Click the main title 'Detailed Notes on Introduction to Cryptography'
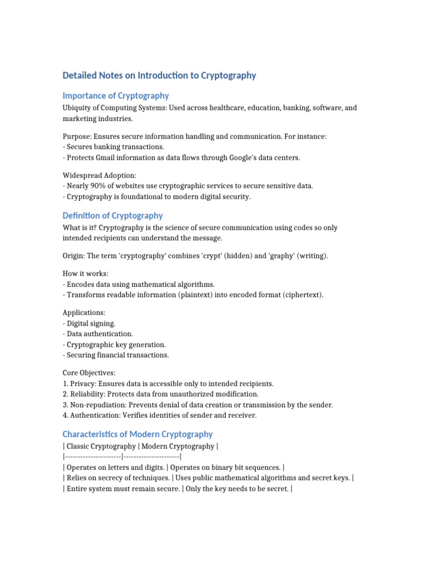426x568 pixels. tap(159, 75)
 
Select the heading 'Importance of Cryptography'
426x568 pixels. tap(115, 95)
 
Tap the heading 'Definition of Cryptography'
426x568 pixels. tap(113, 215)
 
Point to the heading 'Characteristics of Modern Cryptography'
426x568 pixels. tap(137, 434)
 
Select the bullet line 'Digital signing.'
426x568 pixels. tap(91, 323)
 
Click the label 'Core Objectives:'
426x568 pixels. tap(89, 373)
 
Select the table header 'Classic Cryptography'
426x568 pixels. tap(101, 447)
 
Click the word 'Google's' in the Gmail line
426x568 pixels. tap(225, 158)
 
